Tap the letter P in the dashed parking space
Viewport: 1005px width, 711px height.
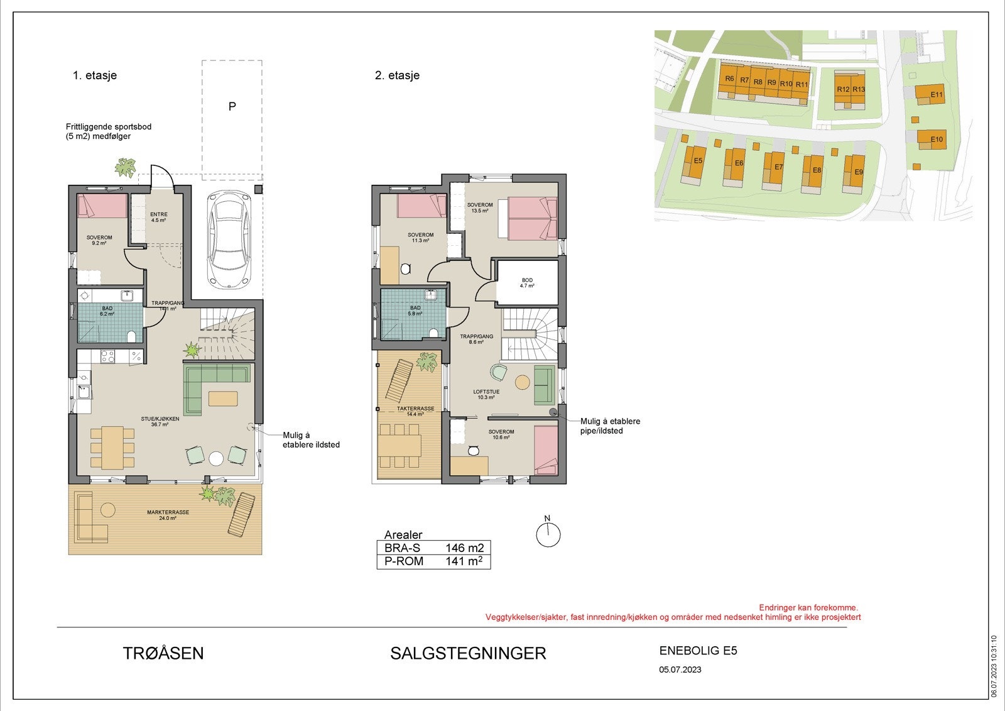(x=232, y=107)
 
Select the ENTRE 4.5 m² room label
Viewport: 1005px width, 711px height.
(x=158, y=218)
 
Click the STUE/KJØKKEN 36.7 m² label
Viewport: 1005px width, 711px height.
(x=165, y=421)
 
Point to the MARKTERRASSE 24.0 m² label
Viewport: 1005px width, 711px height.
(x=168, y=515)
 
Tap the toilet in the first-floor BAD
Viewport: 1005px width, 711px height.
(x=131, y=337)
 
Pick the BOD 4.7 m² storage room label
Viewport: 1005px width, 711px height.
(x=527, y=283)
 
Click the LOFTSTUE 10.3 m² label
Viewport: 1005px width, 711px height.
(x=486, y=394)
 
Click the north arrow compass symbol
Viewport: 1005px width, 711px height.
(x=548, y=534)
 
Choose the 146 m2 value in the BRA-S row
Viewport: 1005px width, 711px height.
(x=464, y=548)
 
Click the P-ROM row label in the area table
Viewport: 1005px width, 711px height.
(x=404, y=561)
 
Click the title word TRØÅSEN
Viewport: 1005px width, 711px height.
(x=163, y=653)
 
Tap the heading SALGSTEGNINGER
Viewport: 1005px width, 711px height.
(x=468, y=653)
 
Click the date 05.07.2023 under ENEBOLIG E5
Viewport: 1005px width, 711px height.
(x=680, y=670)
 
